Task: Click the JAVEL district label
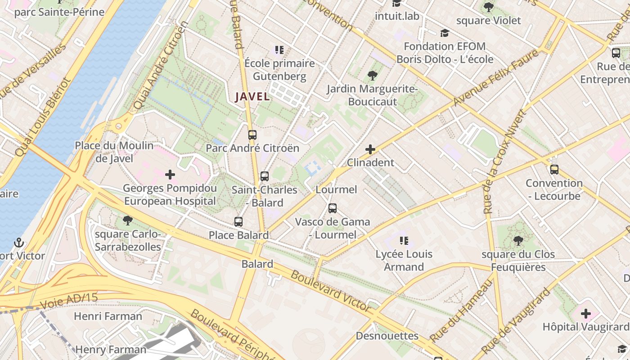252,96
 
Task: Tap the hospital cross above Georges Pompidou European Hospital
170,175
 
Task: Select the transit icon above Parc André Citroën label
252,135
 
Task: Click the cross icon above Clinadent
370,149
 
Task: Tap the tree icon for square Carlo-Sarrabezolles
127,220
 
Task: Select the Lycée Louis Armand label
404,260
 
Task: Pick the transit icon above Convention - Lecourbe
554,170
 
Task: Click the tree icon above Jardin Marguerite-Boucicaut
372,75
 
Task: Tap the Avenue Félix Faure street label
495,78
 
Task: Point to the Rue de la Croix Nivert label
503,162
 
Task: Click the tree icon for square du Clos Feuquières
518,241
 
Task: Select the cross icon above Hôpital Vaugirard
585,314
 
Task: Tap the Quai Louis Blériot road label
43,118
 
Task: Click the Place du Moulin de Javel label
114,152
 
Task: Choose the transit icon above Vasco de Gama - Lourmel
333,208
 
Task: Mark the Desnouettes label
387,336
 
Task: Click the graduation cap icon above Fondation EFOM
445,33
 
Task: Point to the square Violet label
489,20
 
